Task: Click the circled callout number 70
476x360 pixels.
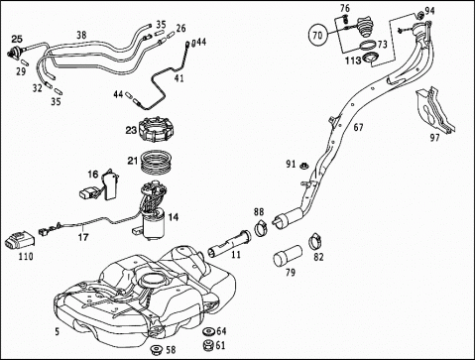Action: pos(317,35)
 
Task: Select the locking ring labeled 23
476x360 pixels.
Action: pos(157,130)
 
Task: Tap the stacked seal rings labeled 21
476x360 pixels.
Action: pos(157,162)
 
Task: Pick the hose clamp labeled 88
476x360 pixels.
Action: pos(261,227)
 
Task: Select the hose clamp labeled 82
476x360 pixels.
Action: pos(316,242)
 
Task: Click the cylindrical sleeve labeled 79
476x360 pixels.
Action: pos(288,255)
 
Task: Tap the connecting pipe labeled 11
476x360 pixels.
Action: pos(229,243)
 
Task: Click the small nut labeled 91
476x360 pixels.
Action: pos(302,165)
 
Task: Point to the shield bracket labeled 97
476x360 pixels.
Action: pos(433,108)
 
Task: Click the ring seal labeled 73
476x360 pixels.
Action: pos(367,45)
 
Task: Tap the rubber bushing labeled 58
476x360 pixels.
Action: pos(156,349)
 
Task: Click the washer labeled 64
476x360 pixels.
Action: pos(209,331)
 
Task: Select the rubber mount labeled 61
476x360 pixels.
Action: pos(208,344)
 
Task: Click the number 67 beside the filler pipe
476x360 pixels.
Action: pos(358,127)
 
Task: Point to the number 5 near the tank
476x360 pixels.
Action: pos(58,331)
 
